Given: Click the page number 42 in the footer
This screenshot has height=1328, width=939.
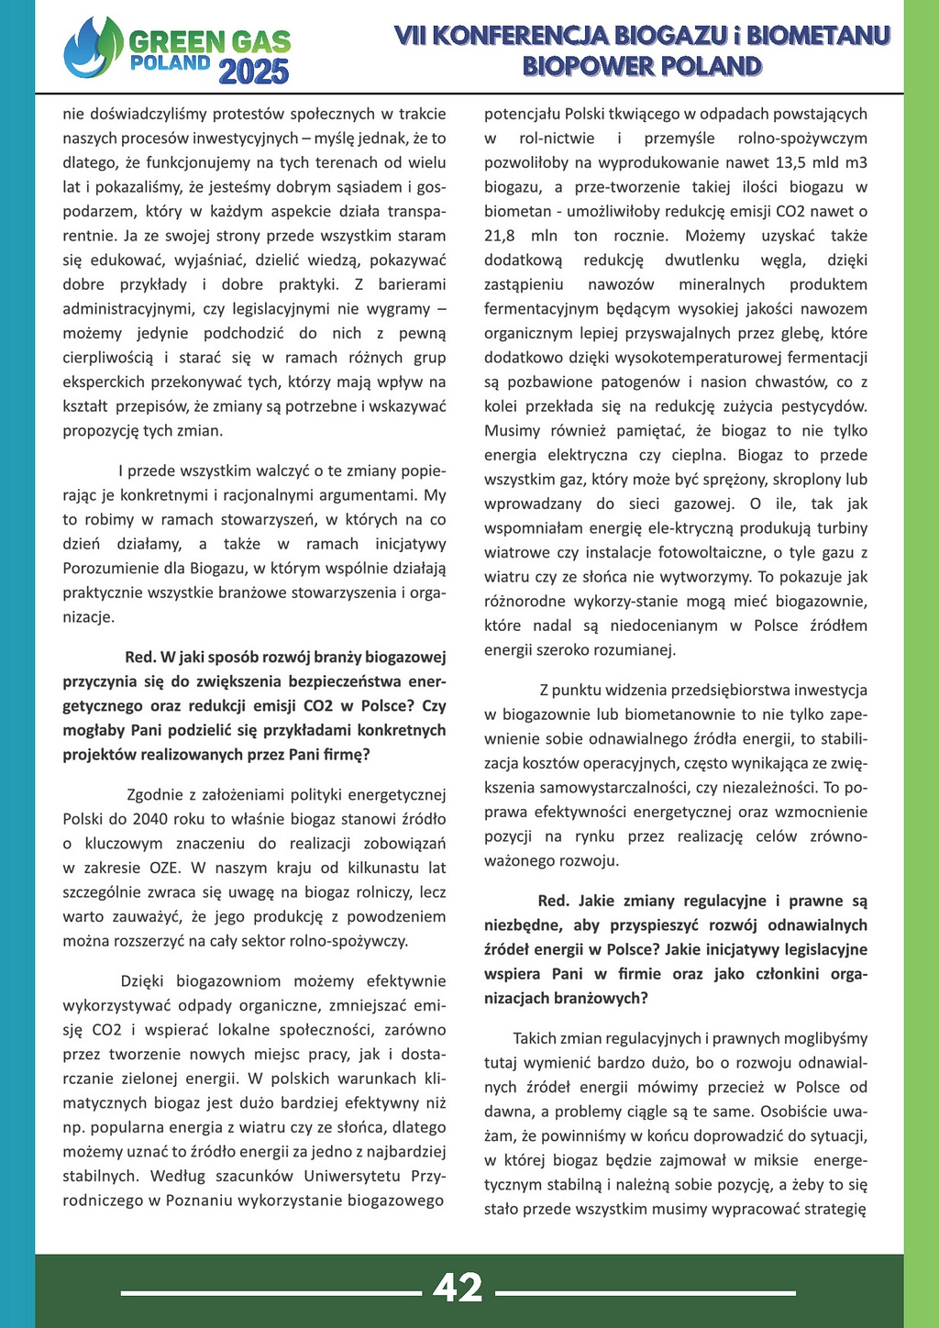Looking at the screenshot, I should (458, 1288).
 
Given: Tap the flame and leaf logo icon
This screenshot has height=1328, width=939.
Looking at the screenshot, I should (93, 48).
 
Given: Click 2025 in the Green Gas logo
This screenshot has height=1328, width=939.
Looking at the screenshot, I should (254, 71).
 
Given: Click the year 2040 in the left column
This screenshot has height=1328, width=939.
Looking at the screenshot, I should (150, 819).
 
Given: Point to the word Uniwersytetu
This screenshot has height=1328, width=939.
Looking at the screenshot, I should (353, 1176).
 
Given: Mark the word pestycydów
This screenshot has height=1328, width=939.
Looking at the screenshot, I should (821, 406).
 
